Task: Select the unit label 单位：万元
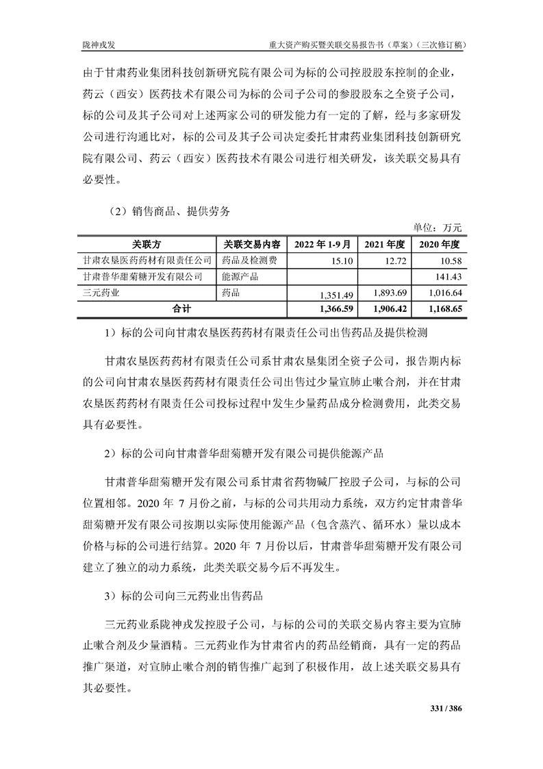[439, 228]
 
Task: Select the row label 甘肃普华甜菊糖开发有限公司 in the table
[142, 277]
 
